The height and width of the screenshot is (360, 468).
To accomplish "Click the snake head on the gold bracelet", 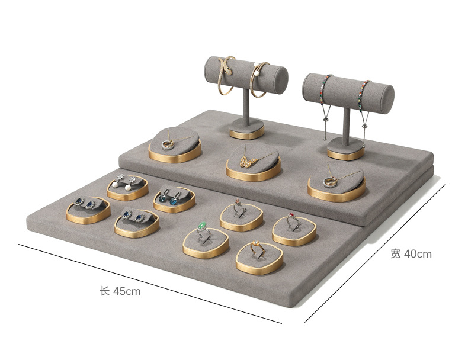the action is point(227,70).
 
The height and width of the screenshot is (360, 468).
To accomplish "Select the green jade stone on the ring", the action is point(203,225).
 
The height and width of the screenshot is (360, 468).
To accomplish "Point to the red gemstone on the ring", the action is point(291,216).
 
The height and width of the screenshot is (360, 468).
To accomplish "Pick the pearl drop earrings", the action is point(124,181).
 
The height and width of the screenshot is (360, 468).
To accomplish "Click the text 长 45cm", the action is point(120,291).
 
